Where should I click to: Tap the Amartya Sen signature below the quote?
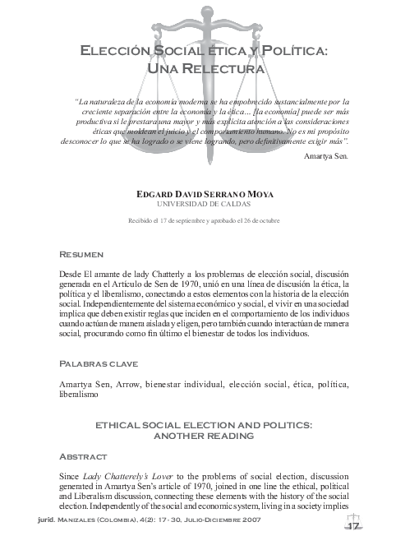pyautogui.click(x=326, y=155)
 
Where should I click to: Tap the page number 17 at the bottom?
pyautogui.click(x=355, y=526)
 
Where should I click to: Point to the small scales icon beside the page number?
pyautogui.click(x=356, y=515)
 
